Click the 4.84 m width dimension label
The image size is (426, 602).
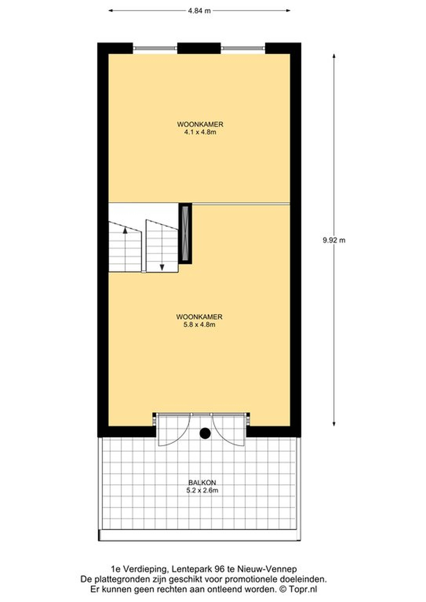click(199, 11)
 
